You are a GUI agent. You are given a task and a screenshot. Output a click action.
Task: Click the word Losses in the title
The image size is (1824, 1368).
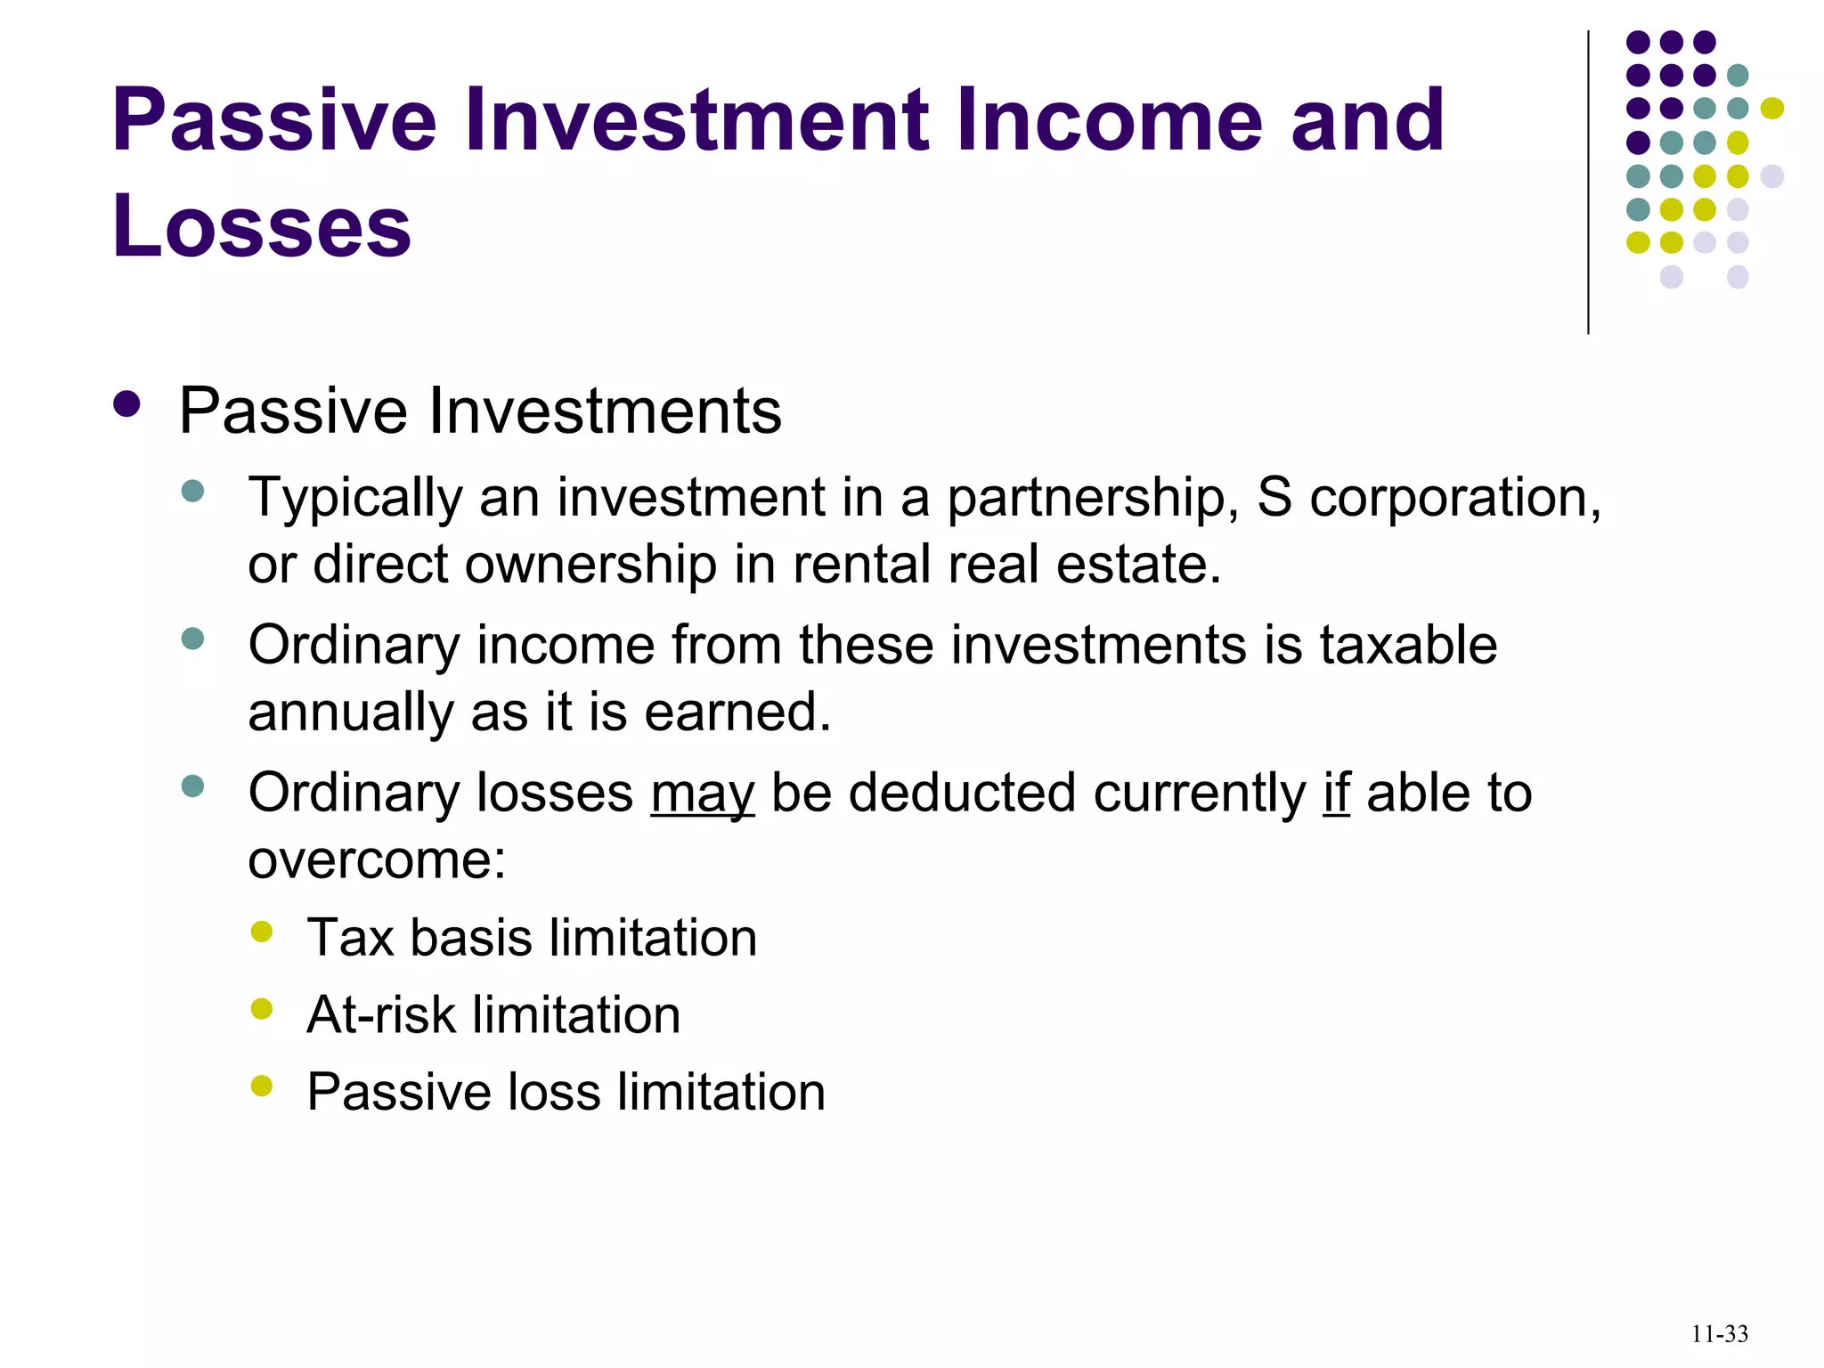pyautogui.click(x=261, y=225)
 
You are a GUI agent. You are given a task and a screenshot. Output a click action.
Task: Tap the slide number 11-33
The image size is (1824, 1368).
pyautogui.click(x=1719, y=1334)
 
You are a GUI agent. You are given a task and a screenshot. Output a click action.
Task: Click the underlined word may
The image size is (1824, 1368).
pyautogui.click(x=703, y=794)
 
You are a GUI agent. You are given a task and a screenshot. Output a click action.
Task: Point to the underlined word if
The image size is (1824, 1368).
pyautogui.click(x=1336, y=792)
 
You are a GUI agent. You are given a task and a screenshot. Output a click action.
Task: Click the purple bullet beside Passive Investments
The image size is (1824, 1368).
pyautogui.click(x=127, y=405)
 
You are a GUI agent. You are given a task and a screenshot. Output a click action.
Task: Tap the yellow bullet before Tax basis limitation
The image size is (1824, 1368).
pyautogui.click(x=262, y=932)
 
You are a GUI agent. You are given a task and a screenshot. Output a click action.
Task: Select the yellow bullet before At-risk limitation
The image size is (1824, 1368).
pyautogui.click(x=262, y=1009)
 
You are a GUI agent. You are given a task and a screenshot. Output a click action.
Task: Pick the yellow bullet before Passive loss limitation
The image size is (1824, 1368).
pyautogui.click(x=262, y=1086)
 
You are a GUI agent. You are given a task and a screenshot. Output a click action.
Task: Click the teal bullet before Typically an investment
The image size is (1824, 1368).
pyautogui.click(x=192, y=491)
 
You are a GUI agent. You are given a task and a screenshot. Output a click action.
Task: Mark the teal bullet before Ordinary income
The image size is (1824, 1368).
pyautogui.click(x=192, y=639)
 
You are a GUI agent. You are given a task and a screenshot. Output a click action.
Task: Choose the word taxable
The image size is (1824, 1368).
pyautogui.click(x=1408, y=645)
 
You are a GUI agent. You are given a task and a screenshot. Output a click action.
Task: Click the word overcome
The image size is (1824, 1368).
pyautogui.click(x=376, y=860)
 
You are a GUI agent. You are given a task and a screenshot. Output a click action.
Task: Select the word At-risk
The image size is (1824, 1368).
pyautogui.click(x=380, y=1014)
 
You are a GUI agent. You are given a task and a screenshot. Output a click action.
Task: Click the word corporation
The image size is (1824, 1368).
pyautogui.click(x=1455, y=498)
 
